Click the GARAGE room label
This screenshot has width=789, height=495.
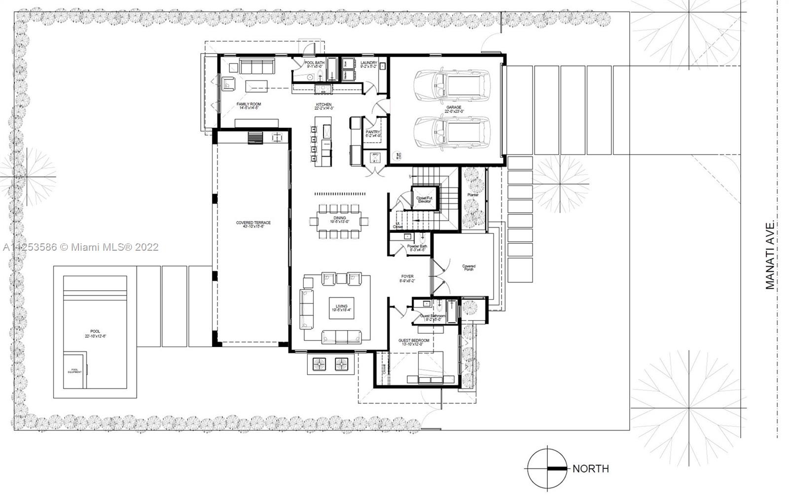pyautogui.click(x=454, y=107)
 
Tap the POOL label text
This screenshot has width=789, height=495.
pyautogui.click(x=95, y=332)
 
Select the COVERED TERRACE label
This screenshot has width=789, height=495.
pyautogui.click(x=253, y=223)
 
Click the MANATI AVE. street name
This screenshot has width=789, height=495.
pyautogui.click(x=771, y=256)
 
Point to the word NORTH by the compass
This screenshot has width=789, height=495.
pyautogui.click(x=590, y=469)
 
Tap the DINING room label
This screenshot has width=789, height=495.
pyautogui.click(x=340, y=218)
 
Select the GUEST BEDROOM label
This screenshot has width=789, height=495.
pyautogui.click(x=414, y=341)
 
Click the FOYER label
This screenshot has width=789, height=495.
pyautogui.click(x=407, y=277)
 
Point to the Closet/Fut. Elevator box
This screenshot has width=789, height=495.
pyautogui.click(x=425, y=198)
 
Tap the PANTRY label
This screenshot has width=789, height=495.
pyautogui.click(x=372, y=132)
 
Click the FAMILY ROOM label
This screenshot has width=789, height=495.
pyautogui.click(x=249, y=104)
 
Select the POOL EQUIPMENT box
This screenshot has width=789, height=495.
pyautogui.click(x=75, y=371)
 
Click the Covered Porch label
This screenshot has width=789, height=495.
pyautogui.click(x=468, y=267)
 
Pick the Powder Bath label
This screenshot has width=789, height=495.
pyautogui.click(x=417, y=247)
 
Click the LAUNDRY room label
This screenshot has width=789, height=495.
pyautogui.click(x=368, y=63)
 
